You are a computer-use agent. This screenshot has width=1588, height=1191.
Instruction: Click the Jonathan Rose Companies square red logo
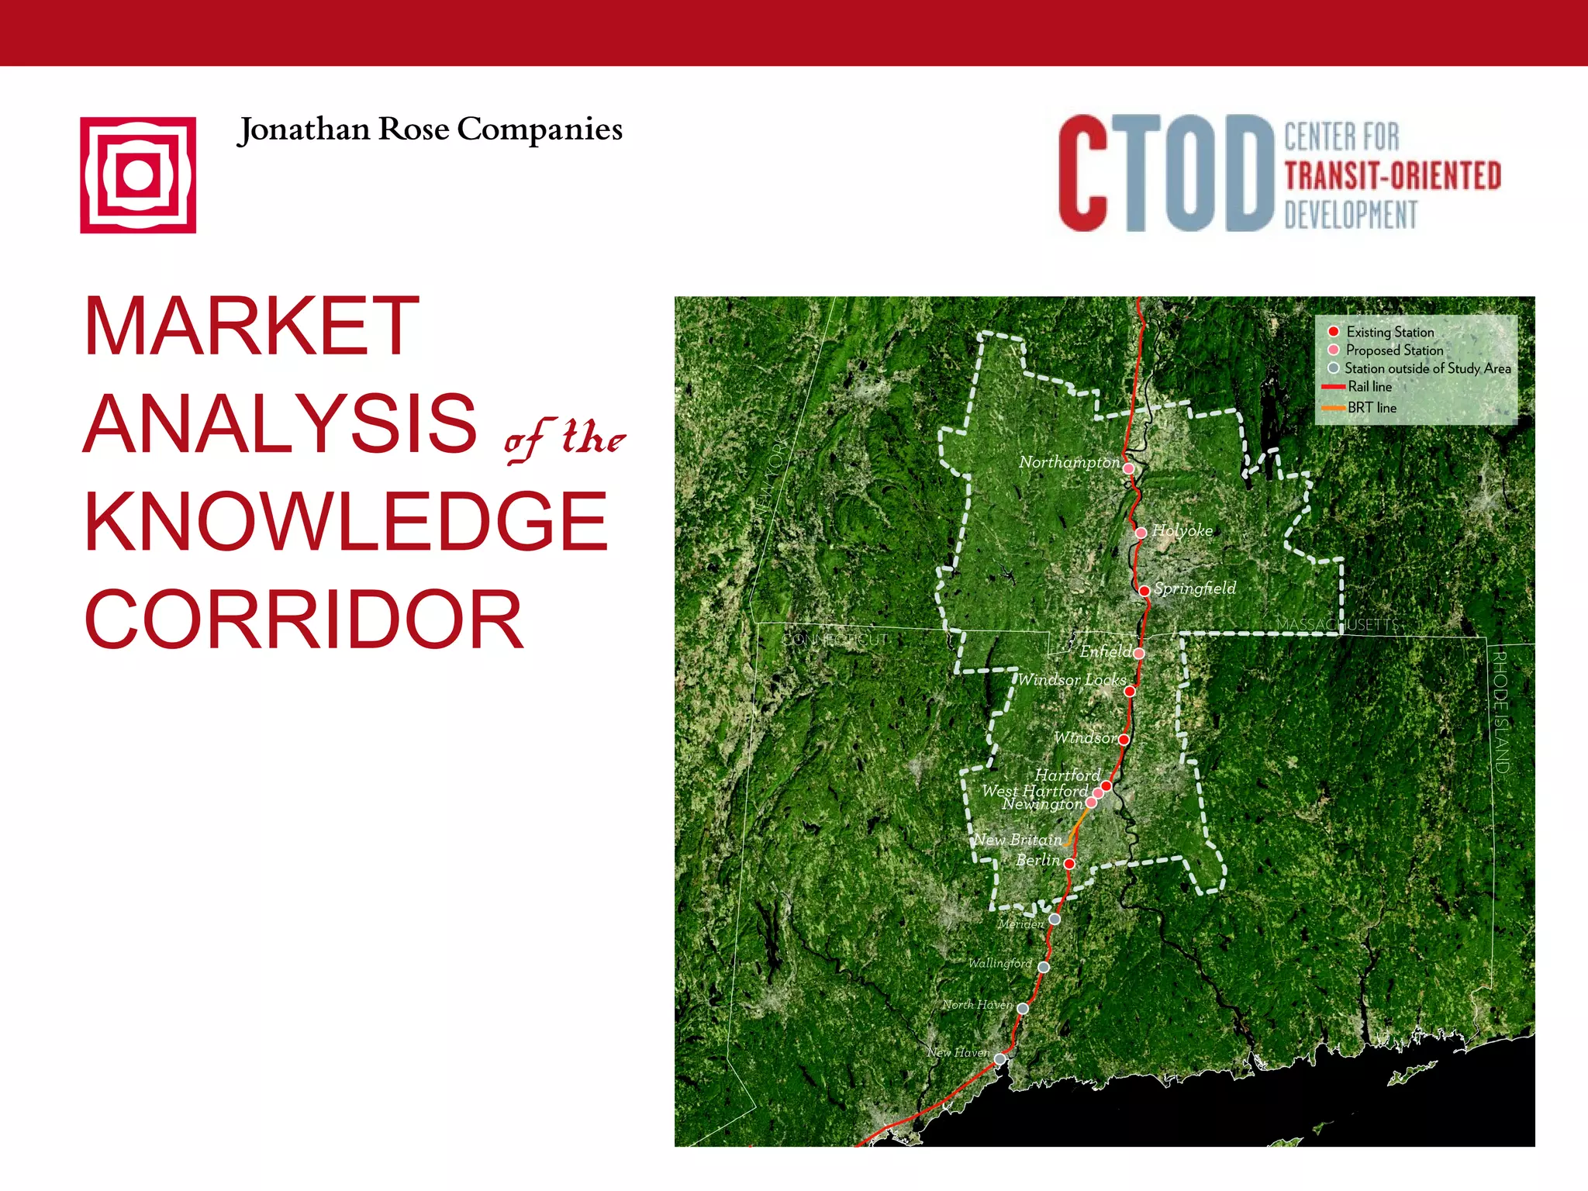pyautogui.click(x=138, y=175)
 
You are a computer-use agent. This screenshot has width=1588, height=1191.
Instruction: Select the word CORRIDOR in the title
pyautogui.click(x=304, y=620)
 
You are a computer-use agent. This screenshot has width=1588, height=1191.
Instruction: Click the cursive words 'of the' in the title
pyautogui.click(x=564, y=439)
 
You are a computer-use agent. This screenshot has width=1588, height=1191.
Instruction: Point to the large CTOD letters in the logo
pyautogui.click(x=1165, y=174)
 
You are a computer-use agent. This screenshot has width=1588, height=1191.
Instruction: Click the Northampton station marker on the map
pyautogui.click(x=1129, y=468)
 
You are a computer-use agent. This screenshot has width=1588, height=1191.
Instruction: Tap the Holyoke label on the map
pyautogui.click(x=1182, y=530)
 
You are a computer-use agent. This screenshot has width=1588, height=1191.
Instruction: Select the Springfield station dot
pyautogui.click(x=1144, y=591)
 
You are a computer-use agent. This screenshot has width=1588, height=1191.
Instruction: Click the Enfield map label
pyautogui.click(x=1105, y=651)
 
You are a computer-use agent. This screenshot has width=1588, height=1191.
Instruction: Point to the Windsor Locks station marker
pyautogui.click(x=1130, y=691)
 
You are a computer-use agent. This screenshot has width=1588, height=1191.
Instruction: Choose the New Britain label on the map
pyautogui.click(x=1018, y=840)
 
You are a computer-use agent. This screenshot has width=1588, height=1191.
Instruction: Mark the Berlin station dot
pyautogui.click(x=1069, y=863)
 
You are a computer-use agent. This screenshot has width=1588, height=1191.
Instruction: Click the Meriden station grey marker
pyautogui.click(x=1055, y=919)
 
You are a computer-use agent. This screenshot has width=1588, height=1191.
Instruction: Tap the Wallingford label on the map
pyautogui.click(x=999, y=963)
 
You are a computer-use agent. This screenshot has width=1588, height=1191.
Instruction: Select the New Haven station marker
pyautogui.click(x=1000, y=1058)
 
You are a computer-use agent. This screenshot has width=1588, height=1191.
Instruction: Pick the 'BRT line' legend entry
pyautogui.click(x=1371, y=408)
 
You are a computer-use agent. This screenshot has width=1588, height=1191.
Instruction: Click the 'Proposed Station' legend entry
pyautogui.click(x=1394, y=350)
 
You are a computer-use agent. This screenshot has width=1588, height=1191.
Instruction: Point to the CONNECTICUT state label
pyautogui.click(x=834, y=640)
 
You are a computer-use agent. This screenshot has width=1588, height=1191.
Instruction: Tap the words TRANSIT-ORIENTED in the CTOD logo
pyautogui.click(x=1393, y=176)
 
